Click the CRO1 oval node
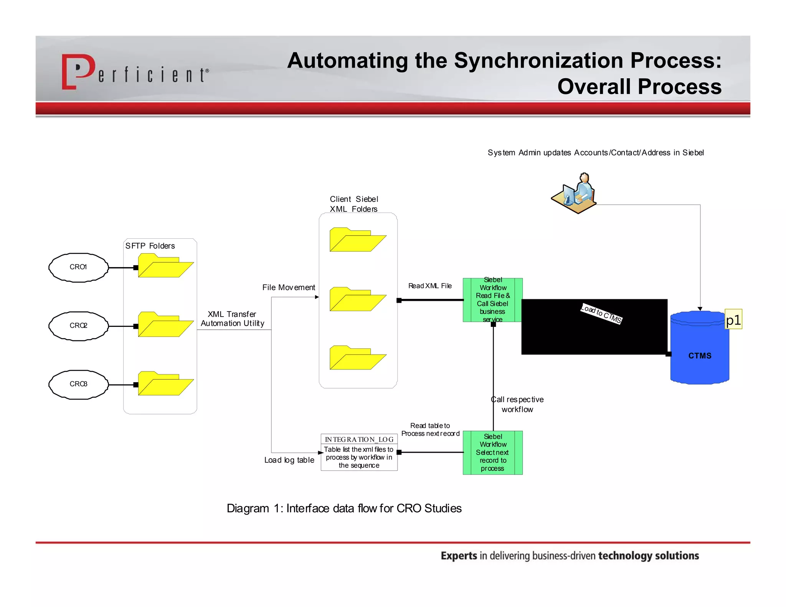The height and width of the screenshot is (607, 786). (x=78, y=267)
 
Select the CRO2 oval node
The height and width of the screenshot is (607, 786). (x=78, y=326)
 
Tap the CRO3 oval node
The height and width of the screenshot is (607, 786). (x=78, y=384)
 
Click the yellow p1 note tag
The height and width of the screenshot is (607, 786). (x=733, y=319)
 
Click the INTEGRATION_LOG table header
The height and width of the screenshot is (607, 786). (x=359, y=439)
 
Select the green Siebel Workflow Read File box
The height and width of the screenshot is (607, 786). (x=492, y=300)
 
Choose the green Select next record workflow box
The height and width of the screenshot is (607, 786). (x=492, y=452)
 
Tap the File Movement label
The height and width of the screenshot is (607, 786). (x=289, y=287)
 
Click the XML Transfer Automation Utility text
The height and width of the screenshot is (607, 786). (x=232, y=319)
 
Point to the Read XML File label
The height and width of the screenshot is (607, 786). (x=430, y=286)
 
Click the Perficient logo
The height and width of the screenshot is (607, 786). (x=135, y=72)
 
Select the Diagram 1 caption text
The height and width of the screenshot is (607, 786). (x=344, y=508)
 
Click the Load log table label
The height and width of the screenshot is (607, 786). (x=289, y=460)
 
